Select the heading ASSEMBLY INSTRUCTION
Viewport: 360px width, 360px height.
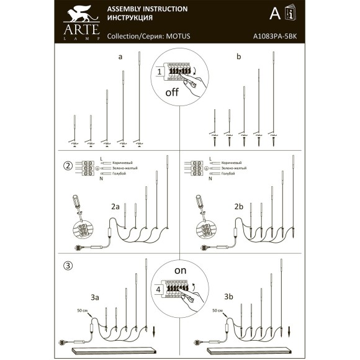pyautogui.click(x=147, y=9)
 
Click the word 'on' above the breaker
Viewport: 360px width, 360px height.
pyautogui.click(x=180, y=271)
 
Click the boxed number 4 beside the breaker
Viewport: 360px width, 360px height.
pyautogui.click(x=159, y=289)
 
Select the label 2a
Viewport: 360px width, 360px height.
pyautogui.click(x=115, y=206)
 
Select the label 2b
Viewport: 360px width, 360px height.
pyautogui.click(x=239, y=206)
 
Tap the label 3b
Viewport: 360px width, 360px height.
pyautogui.click(x=229, y=296)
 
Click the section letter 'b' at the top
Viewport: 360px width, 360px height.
pyautogui.click(x=238, y=57)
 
